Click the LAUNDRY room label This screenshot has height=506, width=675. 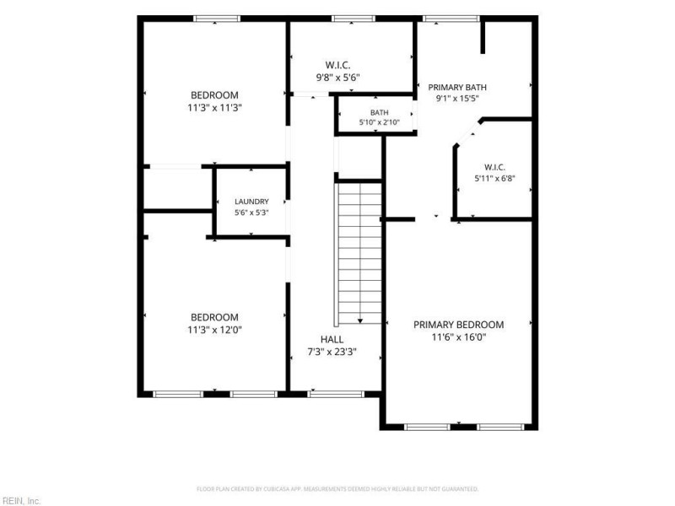click(x=251, y=202)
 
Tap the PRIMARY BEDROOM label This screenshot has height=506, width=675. click(x=458, y=325)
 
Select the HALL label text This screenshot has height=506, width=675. click(x=332, y=340)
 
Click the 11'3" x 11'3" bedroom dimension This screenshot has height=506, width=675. click(x=214, y=108)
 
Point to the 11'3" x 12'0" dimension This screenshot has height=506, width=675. click(x=214, y=330)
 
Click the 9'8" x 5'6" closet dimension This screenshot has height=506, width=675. click(x=338, y=78)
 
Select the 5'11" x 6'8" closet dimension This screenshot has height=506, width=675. click(x=494, y=178)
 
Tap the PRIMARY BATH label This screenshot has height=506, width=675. click(x=457, y=88)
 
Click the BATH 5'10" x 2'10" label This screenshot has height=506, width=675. click(x=379, y=117)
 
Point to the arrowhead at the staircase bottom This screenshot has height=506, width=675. click(x=360, y=321)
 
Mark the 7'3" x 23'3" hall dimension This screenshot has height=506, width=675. click(x=332, y=352)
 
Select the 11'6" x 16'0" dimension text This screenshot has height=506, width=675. click(x=458, y=336)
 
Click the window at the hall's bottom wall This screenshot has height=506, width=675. click(x=336, y=394)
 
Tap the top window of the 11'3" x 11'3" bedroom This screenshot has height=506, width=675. click(x=217, y=19)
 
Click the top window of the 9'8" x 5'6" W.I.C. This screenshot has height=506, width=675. click(x=353, y=19)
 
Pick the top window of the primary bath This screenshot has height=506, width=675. click(x=451, y=19)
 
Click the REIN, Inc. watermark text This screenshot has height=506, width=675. click(x=20, y=501)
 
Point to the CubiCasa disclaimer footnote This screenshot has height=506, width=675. click(x=337, y=489)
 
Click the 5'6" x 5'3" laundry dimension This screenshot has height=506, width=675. click(x=251, y=213)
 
